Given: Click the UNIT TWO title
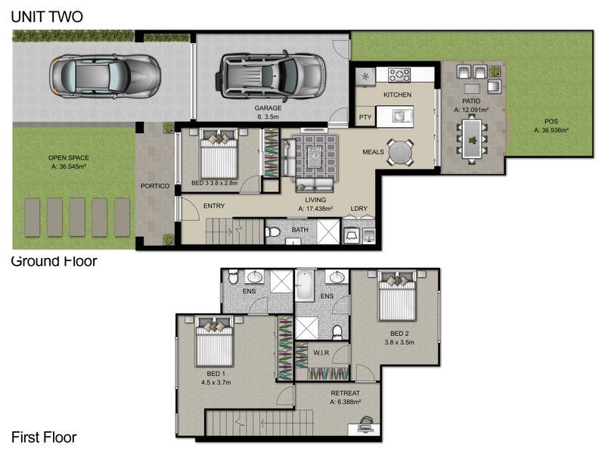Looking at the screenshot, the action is coord(47,17).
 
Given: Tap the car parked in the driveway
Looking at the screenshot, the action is coord(104,76).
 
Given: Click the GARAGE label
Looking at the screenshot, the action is coord(268,108).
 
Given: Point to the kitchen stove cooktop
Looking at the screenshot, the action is coord(399,74).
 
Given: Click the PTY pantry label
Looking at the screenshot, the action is coord(365,117).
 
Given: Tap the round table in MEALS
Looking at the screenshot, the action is coord(401,153).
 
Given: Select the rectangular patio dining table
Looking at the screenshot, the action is coord(472,139).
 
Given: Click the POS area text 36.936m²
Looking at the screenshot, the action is coord(551,130).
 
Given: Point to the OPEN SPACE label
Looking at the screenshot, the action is coord(68,157).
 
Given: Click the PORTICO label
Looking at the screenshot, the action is coord(155,186).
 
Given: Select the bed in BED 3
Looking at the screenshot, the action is coord(218,154).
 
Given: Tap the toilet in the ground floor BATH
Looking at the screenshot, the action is coord(273,232).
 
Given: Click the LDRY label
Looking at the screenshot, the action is coord(358,209).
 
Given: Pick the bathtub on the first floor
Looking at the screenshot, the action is coord(305,285).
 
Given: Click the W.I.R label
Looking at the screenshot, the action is coord(321,353).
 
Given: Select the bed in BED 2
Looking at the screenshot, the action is coord(397,296).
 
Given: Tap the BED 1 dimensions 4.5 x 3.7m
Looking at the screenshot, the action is coord(216,383).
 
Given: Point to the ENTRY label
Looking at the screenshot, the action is coord(214,206).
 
